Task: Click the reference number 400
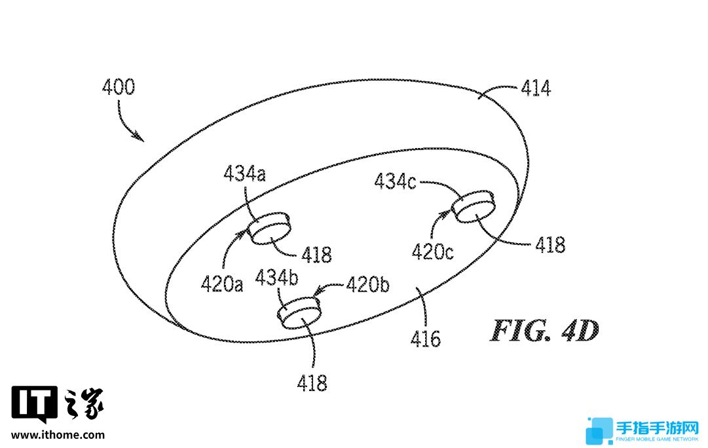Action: (x=119, y=86)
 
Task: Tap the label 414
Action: (x=536, y=88)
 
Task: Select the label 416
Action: (x=425, y=339)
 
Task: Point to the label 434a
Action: (x=244, y=174)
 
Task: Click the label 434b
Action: (x=277, y=277)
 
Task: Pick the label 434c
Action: (x=395, y=181)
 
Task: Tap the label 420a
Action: (x=222, y=284)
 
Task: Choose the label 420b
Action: (x=367, y=284)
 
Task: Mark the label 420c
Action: (x=432, y=252)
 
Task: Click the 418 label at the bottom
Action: (x=312, y=383)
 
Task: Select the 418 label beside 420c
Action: (x=550, y=245)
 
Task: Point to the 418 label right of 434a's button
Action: (x=316, y=255)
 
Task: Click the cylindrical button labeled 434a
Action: (x=269, y=229)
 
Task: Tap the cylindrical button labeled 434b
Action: (x=299, y=312)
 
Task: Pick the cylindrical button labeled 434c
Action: (x=473, y=206)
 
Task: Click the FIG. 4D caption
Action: (x=544, y=331)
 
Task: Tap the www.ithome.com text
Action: (x=58, y=436)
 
